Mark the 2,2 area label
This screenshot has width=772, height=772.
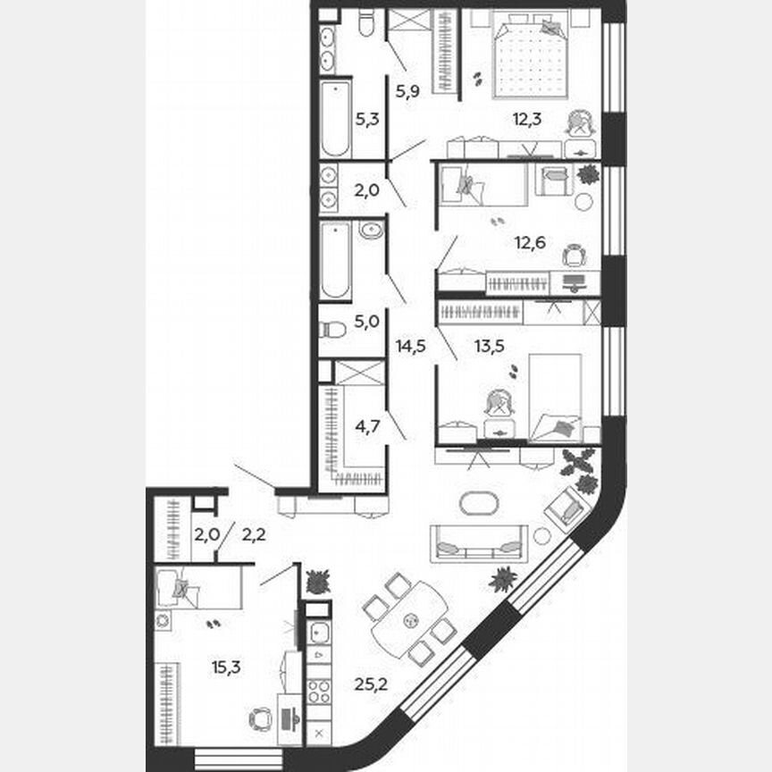coord(255,535)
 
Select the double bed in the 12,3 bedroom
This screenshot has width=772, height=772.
coord(530,55)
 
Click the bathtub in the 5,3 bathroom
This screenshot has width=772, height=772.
coord(336,119)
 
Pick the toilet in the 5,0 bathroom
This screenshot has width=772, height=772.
coord(332,329)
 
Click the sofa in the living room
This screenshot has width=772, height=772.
coord(476,543)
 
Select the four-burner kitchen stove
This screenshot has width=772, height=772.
coord(319,692)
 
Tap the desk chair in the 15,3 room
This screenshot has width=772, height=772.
coord(260,717)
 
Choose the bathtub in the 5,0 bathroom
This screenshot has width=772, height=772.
coord(335,260)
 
